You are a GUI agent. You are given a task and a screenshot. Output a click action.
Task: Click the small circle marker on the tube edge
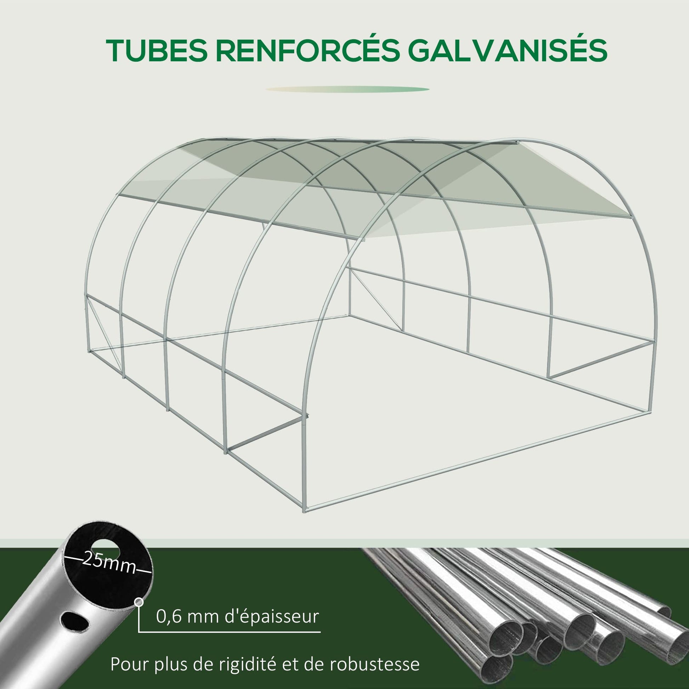click(x=139, y=602)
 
